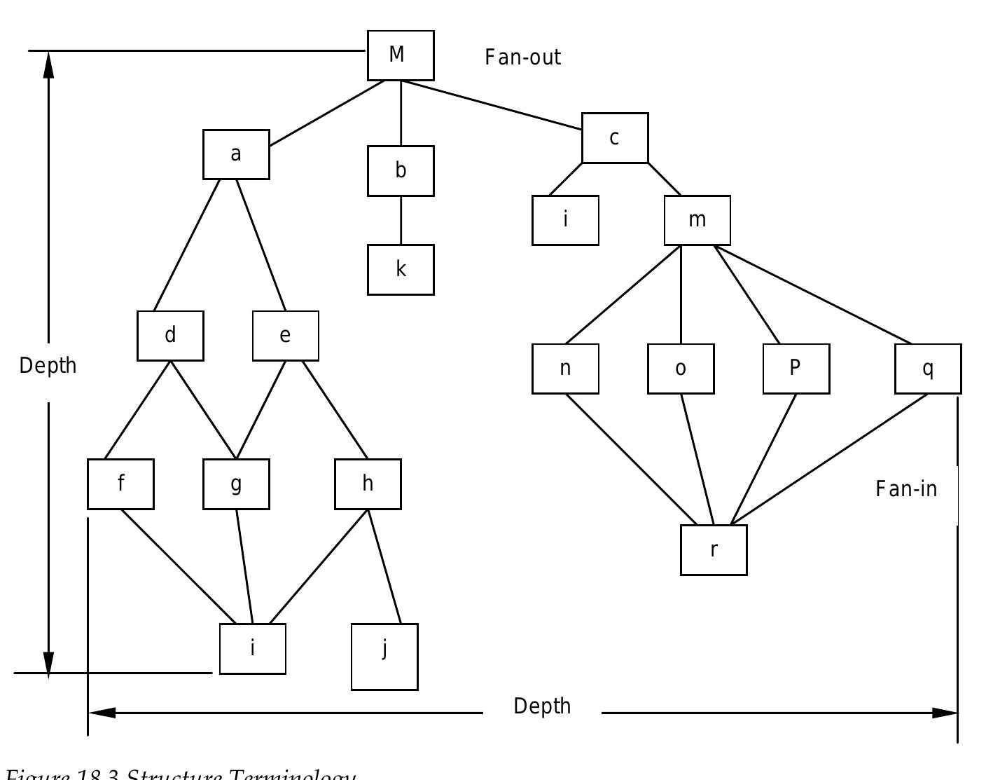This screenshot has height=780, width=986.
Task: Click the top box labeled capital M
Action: tap(401, 55)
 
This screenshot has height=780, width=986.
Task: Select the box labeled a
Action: tap(236, 154)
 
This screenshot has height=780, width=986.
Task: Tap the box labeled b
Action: tap(401, 171)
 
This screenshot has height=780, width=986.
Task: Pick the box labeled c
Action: tap(615, 138)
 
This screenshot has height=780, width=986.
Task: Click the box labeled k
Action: tap(401, 270)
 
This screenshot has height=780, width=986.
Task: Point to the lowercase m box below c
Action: tap(697, 220)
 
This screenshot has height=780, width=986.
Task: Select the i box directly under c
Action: tap(565, 220)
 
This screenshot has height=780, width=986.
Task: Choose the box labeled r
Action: tap(714, 550)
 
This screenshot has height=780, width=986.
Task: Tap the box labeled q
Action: tap(928, 369)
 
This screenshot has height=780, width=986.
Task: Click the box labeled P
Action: tap(796, 369)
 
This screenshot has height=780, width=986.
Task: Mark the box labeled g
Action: tap(236, 484)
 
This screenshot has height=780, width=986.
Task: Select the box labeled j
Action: tap(384, 657)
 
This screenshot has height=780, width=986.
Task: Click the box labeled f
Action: tap(120, 484)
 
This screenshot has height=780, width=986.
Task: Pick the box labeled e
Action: tap(285, 336)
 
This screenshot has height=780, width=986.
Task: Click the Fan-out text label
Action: tap(522, 57)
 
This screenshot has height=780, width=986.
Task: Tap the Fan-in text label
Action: tap(905, 488)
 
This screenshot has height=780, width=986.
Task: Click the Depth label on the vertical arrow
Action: tap(48, 366)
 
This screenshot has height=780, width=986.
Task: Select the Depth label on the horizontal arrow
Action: tap(542, 706)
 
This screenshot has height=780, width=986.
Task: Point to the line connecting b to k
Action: tap(401, 220)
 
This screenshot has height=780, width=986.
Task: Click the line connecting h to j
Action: tap(384, 567)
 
